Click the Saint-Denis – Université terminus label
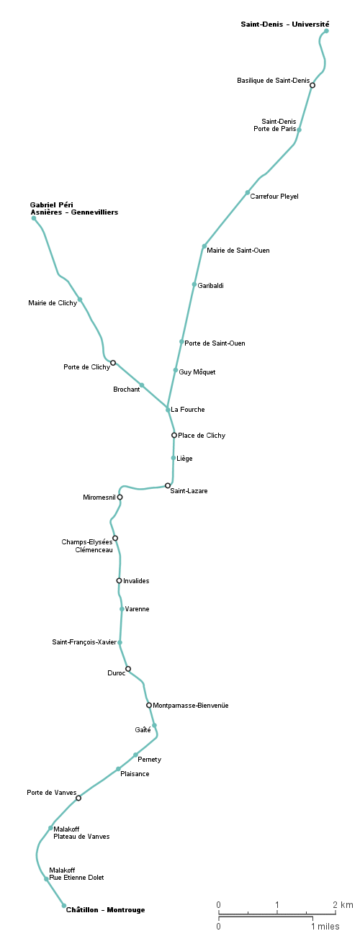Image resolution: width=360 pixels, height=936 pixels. (285, 24)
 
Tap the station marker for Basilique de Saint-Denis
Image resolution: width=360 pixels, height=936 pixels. (312, 85)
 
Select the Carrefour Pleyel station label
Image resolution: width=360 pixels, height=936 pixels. (274, 197)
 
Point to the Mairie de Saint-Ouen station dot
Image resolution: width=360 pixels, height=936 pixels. (204, 246)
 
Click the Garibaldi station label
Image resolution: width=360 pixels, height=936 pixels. (210, 286)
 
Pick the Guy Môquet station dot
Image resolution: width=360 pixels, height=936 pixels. (176, 370)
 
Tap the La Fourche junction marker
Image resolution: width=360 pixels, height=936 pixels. (168, 410)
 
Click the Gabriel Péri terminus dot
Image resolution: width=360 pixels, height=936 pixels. (34, 218)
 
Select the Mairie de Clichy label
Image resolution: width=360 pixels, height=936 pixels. (53, 303)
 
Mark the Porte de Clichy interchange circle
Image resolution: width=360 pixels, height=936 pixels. (113, 363)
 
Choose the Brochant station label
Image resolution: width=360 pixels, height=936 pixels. (127, 390)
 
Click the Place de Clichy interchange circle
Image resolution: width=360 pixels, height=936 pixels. (174, 435)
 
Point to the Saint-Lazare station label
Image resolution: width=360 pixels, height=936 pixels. (189, 491)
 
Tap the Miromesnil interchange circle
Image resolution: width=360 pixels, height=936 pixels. (120, 498)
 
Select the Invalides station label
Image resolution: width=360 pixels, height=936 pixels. (136, 581)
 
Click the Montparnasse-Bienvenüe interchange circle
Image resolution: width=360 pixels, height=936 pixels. (149, 706)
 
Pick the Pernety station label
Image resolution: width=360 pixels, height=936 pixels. (150, 760)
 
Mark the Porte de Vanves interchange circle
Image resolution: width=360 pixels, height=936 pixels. (78, 798)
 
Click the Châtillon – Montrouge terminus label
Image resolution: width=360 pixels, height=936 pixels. (106, 909)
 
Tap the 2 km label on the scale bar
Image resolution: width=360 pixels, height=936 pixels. (343, 904)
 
